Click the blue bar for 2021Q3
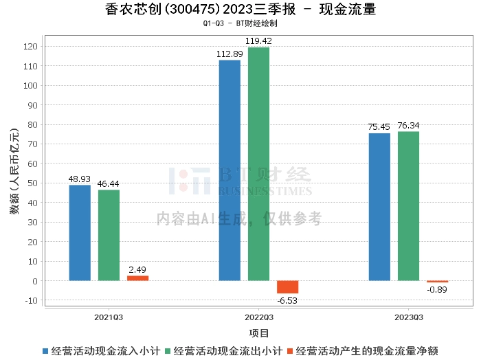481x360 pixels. [80, 233]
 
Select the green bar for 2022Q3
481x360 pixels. [258, 164]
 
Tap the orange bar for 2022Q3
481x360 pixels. [287, 287]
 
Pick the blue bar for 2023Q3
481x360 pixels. [379, 207]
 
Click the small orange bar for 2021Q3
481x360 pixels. [137, 278]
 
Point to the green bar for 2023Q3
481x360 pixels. [408, 206]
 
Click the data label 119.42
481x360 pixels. [258, 41]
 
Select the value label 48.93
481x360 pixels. [80, 179]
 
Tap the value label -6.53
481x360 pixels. [287, 300]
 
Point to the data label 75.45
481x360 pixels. [379, 126]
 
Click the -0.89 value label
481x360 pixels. [437, 289]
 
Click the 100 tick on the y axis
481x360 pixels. [30, 86]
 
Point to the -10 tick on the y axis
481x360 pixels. [32, 300]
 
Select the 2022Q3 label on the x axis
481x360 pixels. [258, 317]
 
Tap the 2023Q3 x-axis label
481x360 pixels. [409, 317]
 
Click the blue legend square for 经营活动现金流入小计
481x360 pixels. [45, 351]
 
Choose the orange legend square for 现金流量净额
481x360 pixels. [290, 351]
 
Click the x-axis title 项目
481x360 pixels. [258, 333]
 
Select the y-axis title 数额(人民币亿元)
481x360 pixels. [14, 171]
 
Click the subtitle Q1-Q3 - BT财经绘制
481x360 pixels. [240, 23]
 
